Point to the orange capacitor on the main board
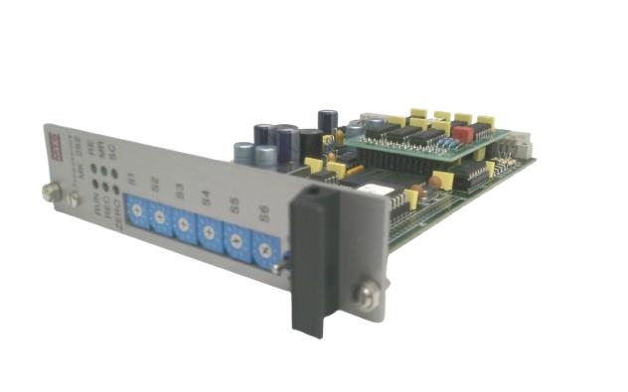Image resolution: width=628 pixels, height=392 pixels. pos(434,183)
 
